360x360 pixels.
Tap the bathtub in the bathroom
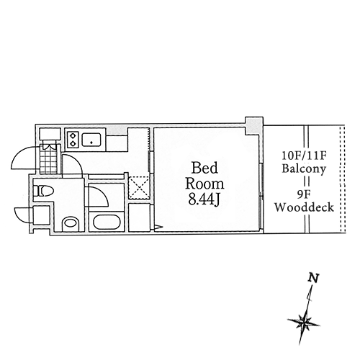tap(107, 222)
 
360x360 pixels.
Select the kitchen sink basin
tap(91, 139)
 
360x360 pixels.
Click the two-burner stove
tap(73, 140)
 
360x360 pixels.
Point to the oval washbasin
tap(70, 224)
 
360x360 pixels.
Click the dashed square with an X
tap(139, 188)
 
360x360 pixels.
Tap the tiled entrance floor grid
tap(48, 158)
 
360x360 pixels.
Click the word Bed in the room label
tap(204, 168)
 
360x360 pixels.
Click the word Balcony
tap(304, 168)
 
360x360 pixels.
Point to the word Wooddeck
tap(304, 207)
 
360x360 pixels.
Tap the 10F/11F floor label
tap(304, 156)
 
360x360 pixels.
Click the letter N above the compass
tap(313, 279)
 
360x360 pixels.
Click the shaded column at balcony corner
tap(253, 125)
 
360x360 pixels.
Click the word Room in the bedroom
tap(204, 184)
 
